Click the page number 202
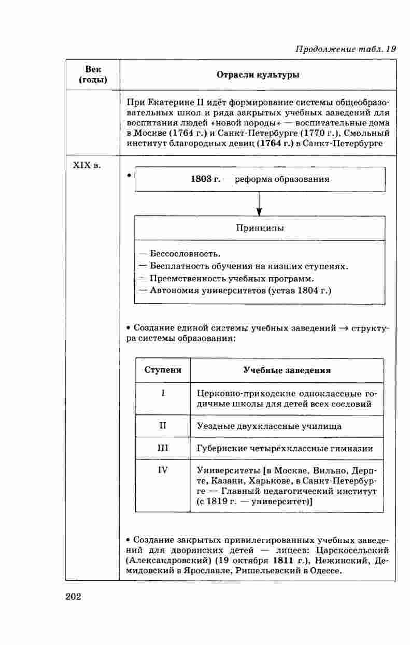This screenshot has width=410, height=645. point(74,597)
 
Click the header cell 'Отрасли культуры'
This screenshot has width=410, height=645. point(258,75)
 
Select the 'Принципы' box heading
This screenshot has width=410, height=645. point(260,228)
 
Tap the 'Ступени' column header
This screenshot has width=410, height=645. point(163,370)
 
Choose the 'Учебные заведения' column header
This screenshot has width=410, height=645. point(287,370)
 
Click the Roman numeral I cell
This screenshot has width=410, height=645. point(163,394)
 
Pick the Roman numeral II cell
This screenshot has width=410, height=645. point(163,426)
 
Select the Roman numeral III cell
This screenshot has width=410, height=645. point(163,448)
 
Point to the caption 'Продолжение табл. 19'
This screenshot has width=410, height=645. point(345,49)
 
